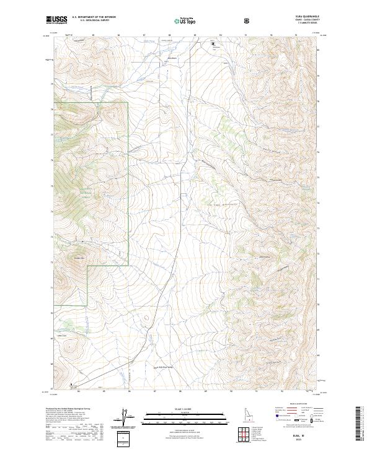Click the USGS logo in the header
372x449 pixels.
57,20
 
